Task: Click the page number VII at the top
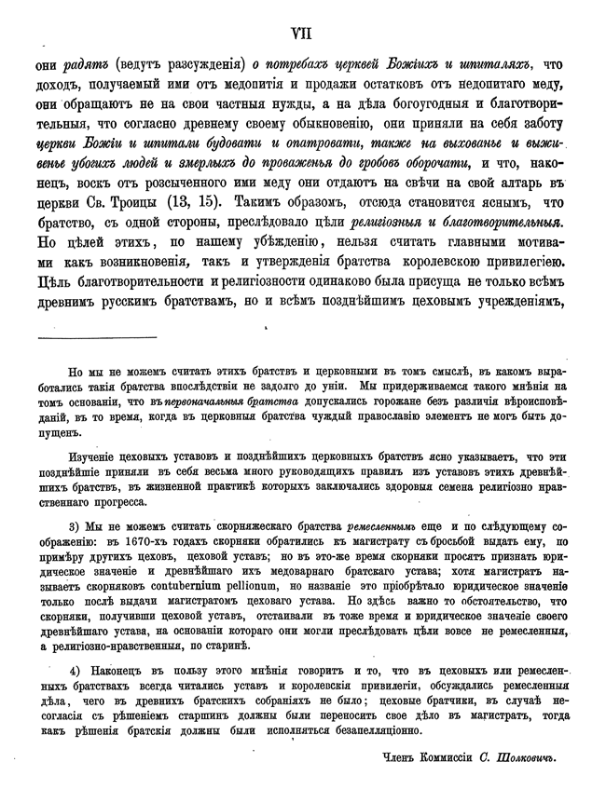pyautogui.click(x=302, y=34)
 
